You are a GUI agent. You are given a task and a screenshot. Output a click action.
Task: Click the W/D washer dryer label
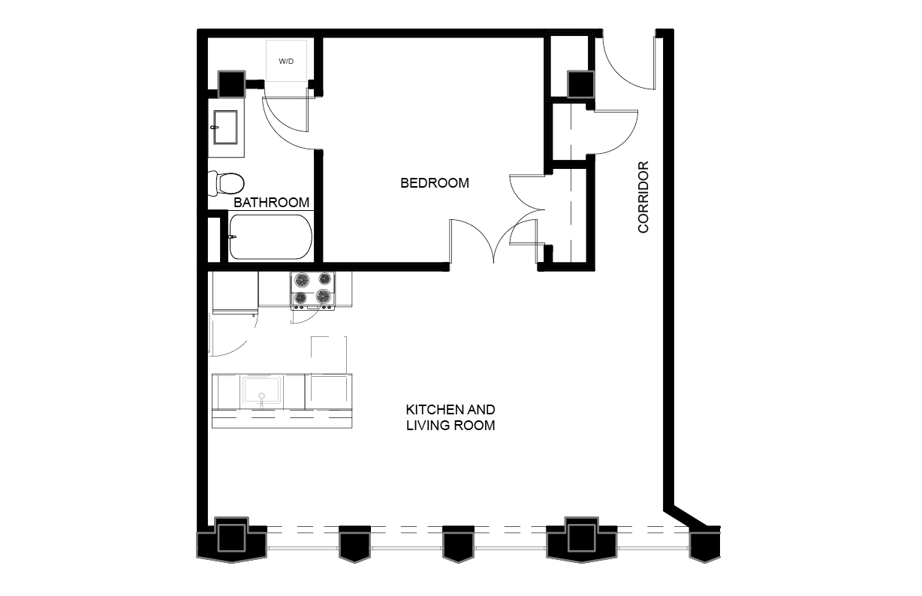pos(286,62)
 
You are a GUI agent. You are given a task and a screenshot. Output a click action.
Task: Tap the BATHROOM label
pos(271,203)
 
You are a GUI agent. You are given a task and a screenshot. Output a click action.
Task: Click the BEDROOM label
pos(435,182)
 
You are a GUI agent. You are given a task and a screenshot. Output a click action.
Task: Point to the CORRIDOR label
pos(643,197)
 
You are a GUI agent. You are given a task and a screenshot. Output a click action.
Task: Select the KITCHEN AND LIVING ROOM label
pos(450,417)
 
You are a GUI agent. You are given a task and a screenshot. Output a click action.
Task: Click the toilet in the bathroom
pos(226,183)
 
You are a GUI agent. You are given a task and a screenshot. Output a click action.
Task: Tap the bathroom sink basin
pos(225,127)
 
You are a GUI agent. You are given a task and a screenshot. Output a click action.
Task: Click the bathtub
pos(270,237)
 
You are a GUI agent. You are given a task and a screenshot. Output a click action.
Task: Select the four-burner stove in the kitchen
pos(313,290)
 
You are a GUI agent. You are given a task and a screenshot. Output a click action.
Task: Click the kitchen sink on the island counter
pos(262,390)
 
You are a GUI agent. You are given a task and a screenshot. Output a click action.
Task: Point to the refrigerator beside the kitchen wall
pos(235,292)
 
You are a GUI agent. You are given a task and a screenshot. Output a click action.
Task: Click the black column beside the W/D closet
pos(232,84)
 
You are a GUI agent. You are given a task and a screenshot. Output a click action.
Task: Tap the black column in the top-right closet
pos(581,84)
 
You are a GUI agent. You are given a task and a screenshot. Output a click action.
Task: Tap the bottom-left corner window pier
pos(232,540)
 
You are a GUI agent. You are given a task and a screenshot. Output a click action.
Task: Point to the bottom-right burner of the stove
pos(324,296)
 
